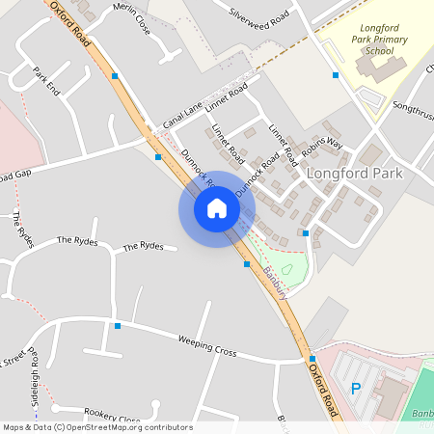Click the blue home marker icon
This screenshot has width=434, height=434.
click(x=217, y=208)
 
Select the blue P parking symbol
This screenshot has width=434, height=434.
click(x=355, y=389)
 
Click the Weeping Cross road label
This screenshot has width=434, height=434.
click(x=207, y=346)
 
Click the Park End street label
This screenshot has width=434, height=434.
click(x=46, y=80)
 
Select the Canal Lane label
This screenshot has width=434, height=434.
click(x=185, y=116)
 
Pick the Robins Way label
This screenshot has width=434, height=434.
click(x=321, y=148)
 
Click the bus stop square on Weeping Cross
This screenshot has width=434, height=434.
click(x=118, y=326)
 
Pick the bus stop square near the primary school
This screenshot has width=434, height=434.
click(x=336, y=74)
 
